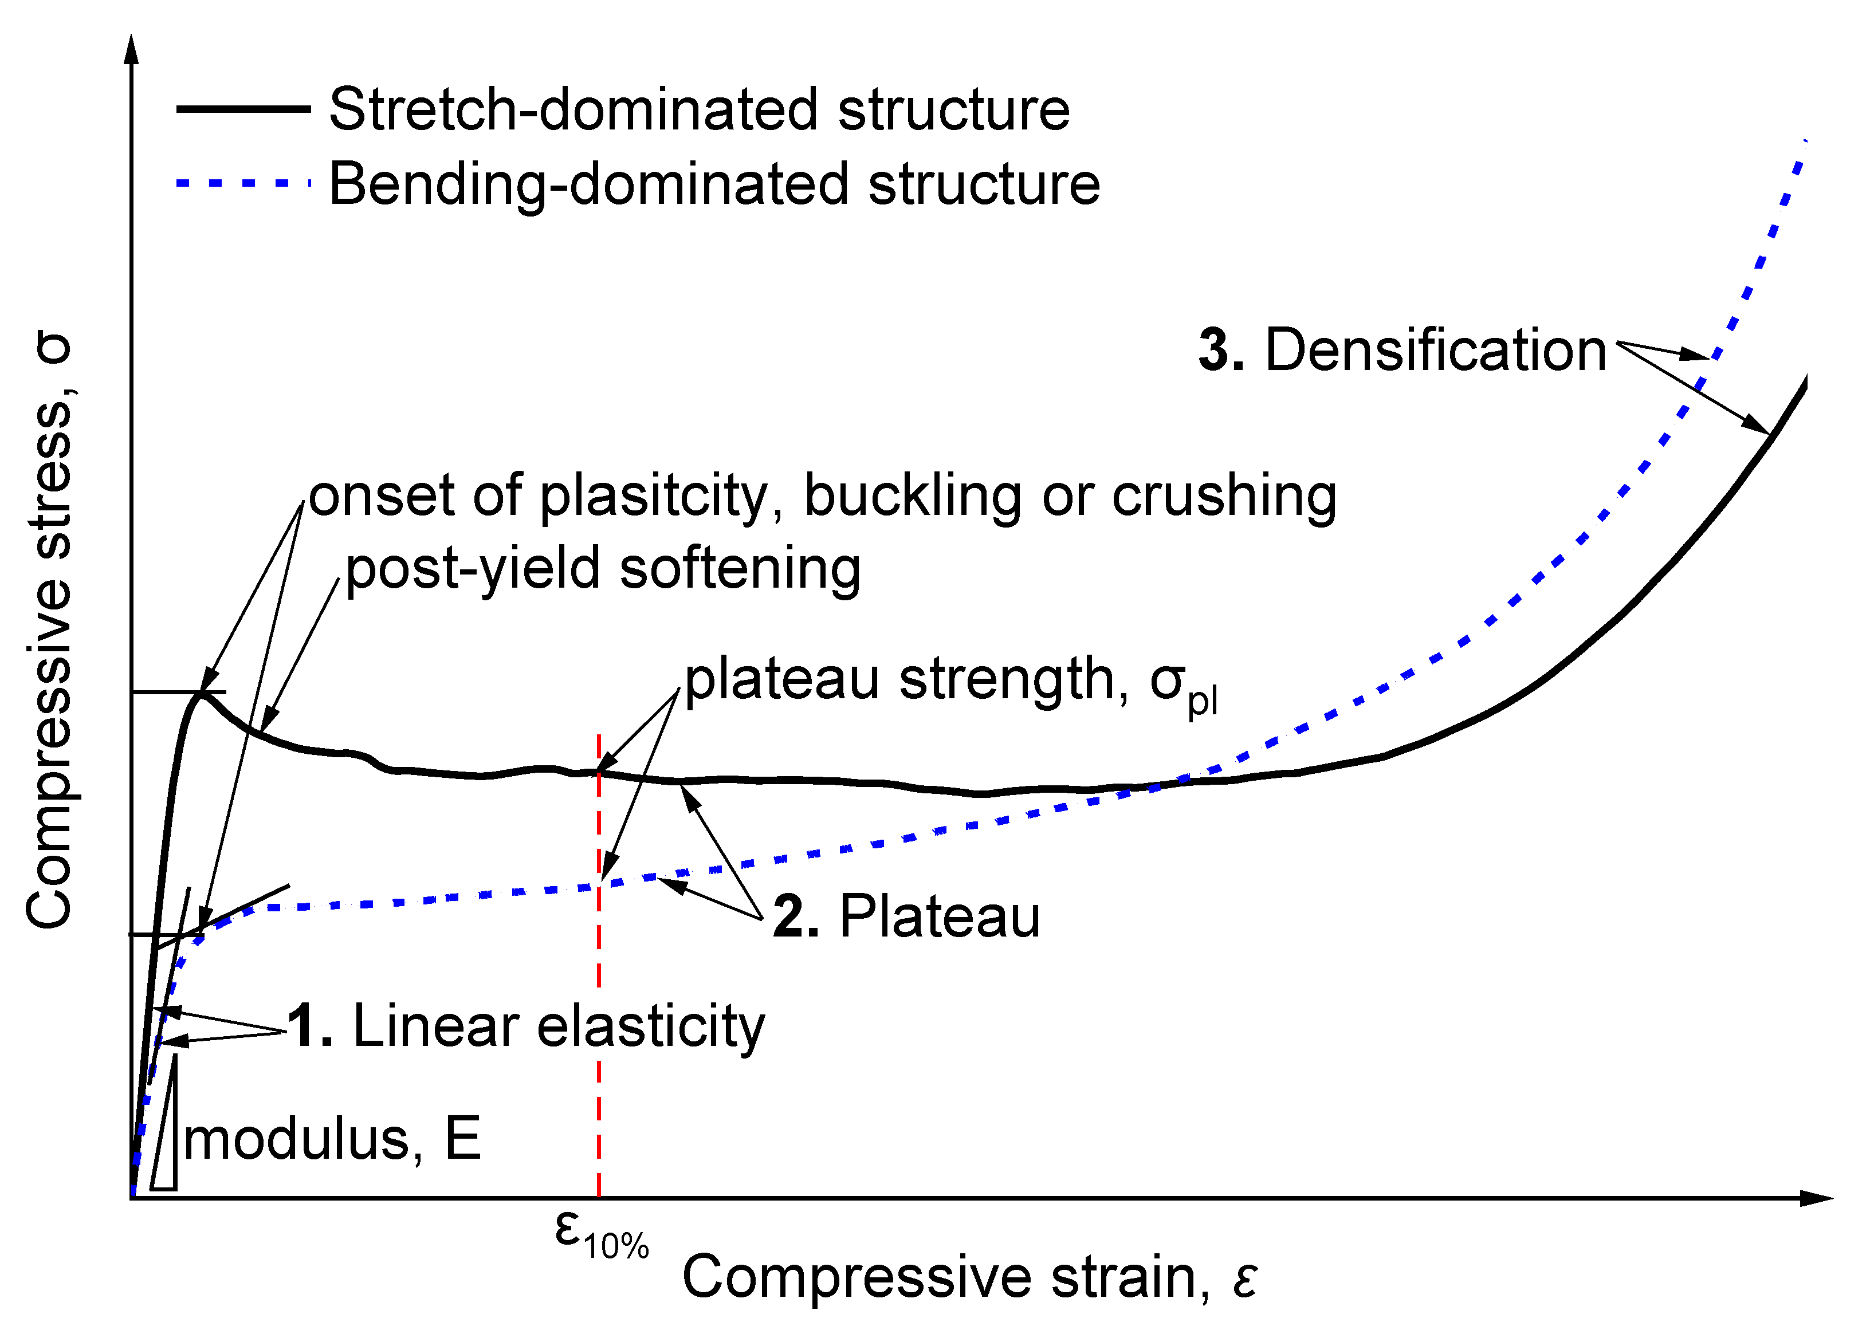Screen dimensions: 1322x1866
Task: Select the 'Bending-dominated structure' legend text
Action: [x=714, y=184]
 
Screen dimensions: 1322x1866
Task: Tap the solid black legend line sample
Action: [x=242, y=108]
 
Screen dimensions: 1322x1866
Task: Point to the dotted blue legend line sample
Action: [x=242, y=184]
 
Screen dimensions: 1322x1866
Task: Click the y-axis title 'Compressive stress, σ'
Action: [x=50, y=630]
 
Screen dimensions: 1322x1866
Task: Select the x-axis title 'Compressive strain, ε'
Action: [x=969, y=1276]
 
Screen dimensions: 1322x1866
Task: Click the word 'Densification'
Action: [x=1435, y=350]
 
